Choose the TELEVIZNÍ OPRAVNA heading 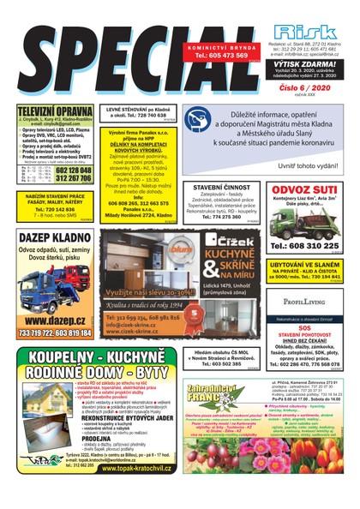54,111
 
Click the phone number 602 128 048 73,169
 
